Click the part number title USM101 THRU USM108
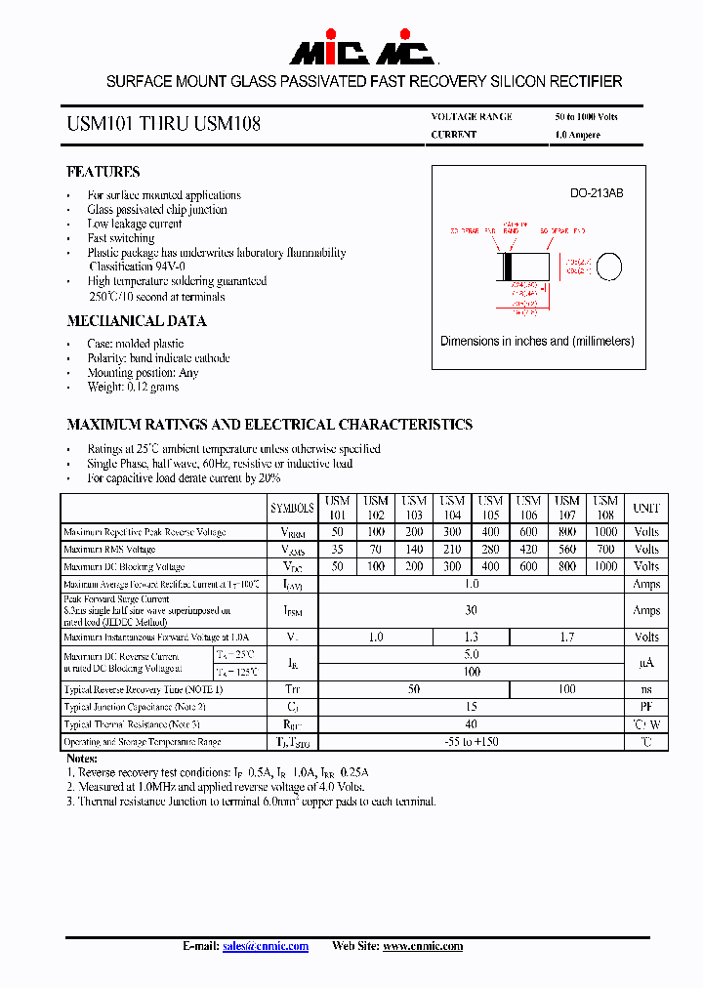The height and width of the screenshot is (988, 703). (x=163, y=125)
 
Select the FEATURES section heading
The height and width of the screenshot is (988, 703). (x=103, y=172)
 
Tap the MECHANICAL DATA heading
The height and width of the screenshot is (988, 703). (x=136, y=321)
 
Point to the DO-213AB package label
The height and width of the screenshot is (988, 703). (x=596, y=193)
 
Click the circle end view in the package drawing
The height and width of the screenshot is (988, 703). (x=609, y=267)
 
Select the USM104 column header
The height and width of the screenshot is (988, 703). (x=452, y=508)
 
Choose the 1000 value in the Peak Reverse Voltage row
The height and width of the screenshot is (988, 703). (x=605, y=532)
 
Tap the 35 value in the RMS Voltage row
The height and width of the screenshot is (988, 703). (x=337, y=550)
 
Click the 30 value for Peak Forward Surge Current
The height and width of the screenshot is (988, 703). (x=472, y=610)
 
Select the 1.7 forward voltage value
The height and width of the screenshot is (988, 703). (x=567, y=637)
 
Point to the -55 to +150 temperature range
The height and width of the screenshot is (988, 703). (x=472, y=742)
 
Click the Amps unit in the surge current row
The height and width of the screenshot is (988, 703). (x=646, y=610)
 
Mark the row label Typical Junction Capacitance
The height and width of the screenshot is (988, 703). (x=135, y=707)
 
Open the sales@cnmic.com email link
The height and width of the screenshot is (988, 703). (x=265, y=946)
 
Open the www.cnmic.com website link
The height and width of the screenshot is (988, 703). (x=423, y=946)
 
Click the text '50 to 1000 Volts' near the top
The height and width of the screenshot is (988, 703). (x=586, y=116)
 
